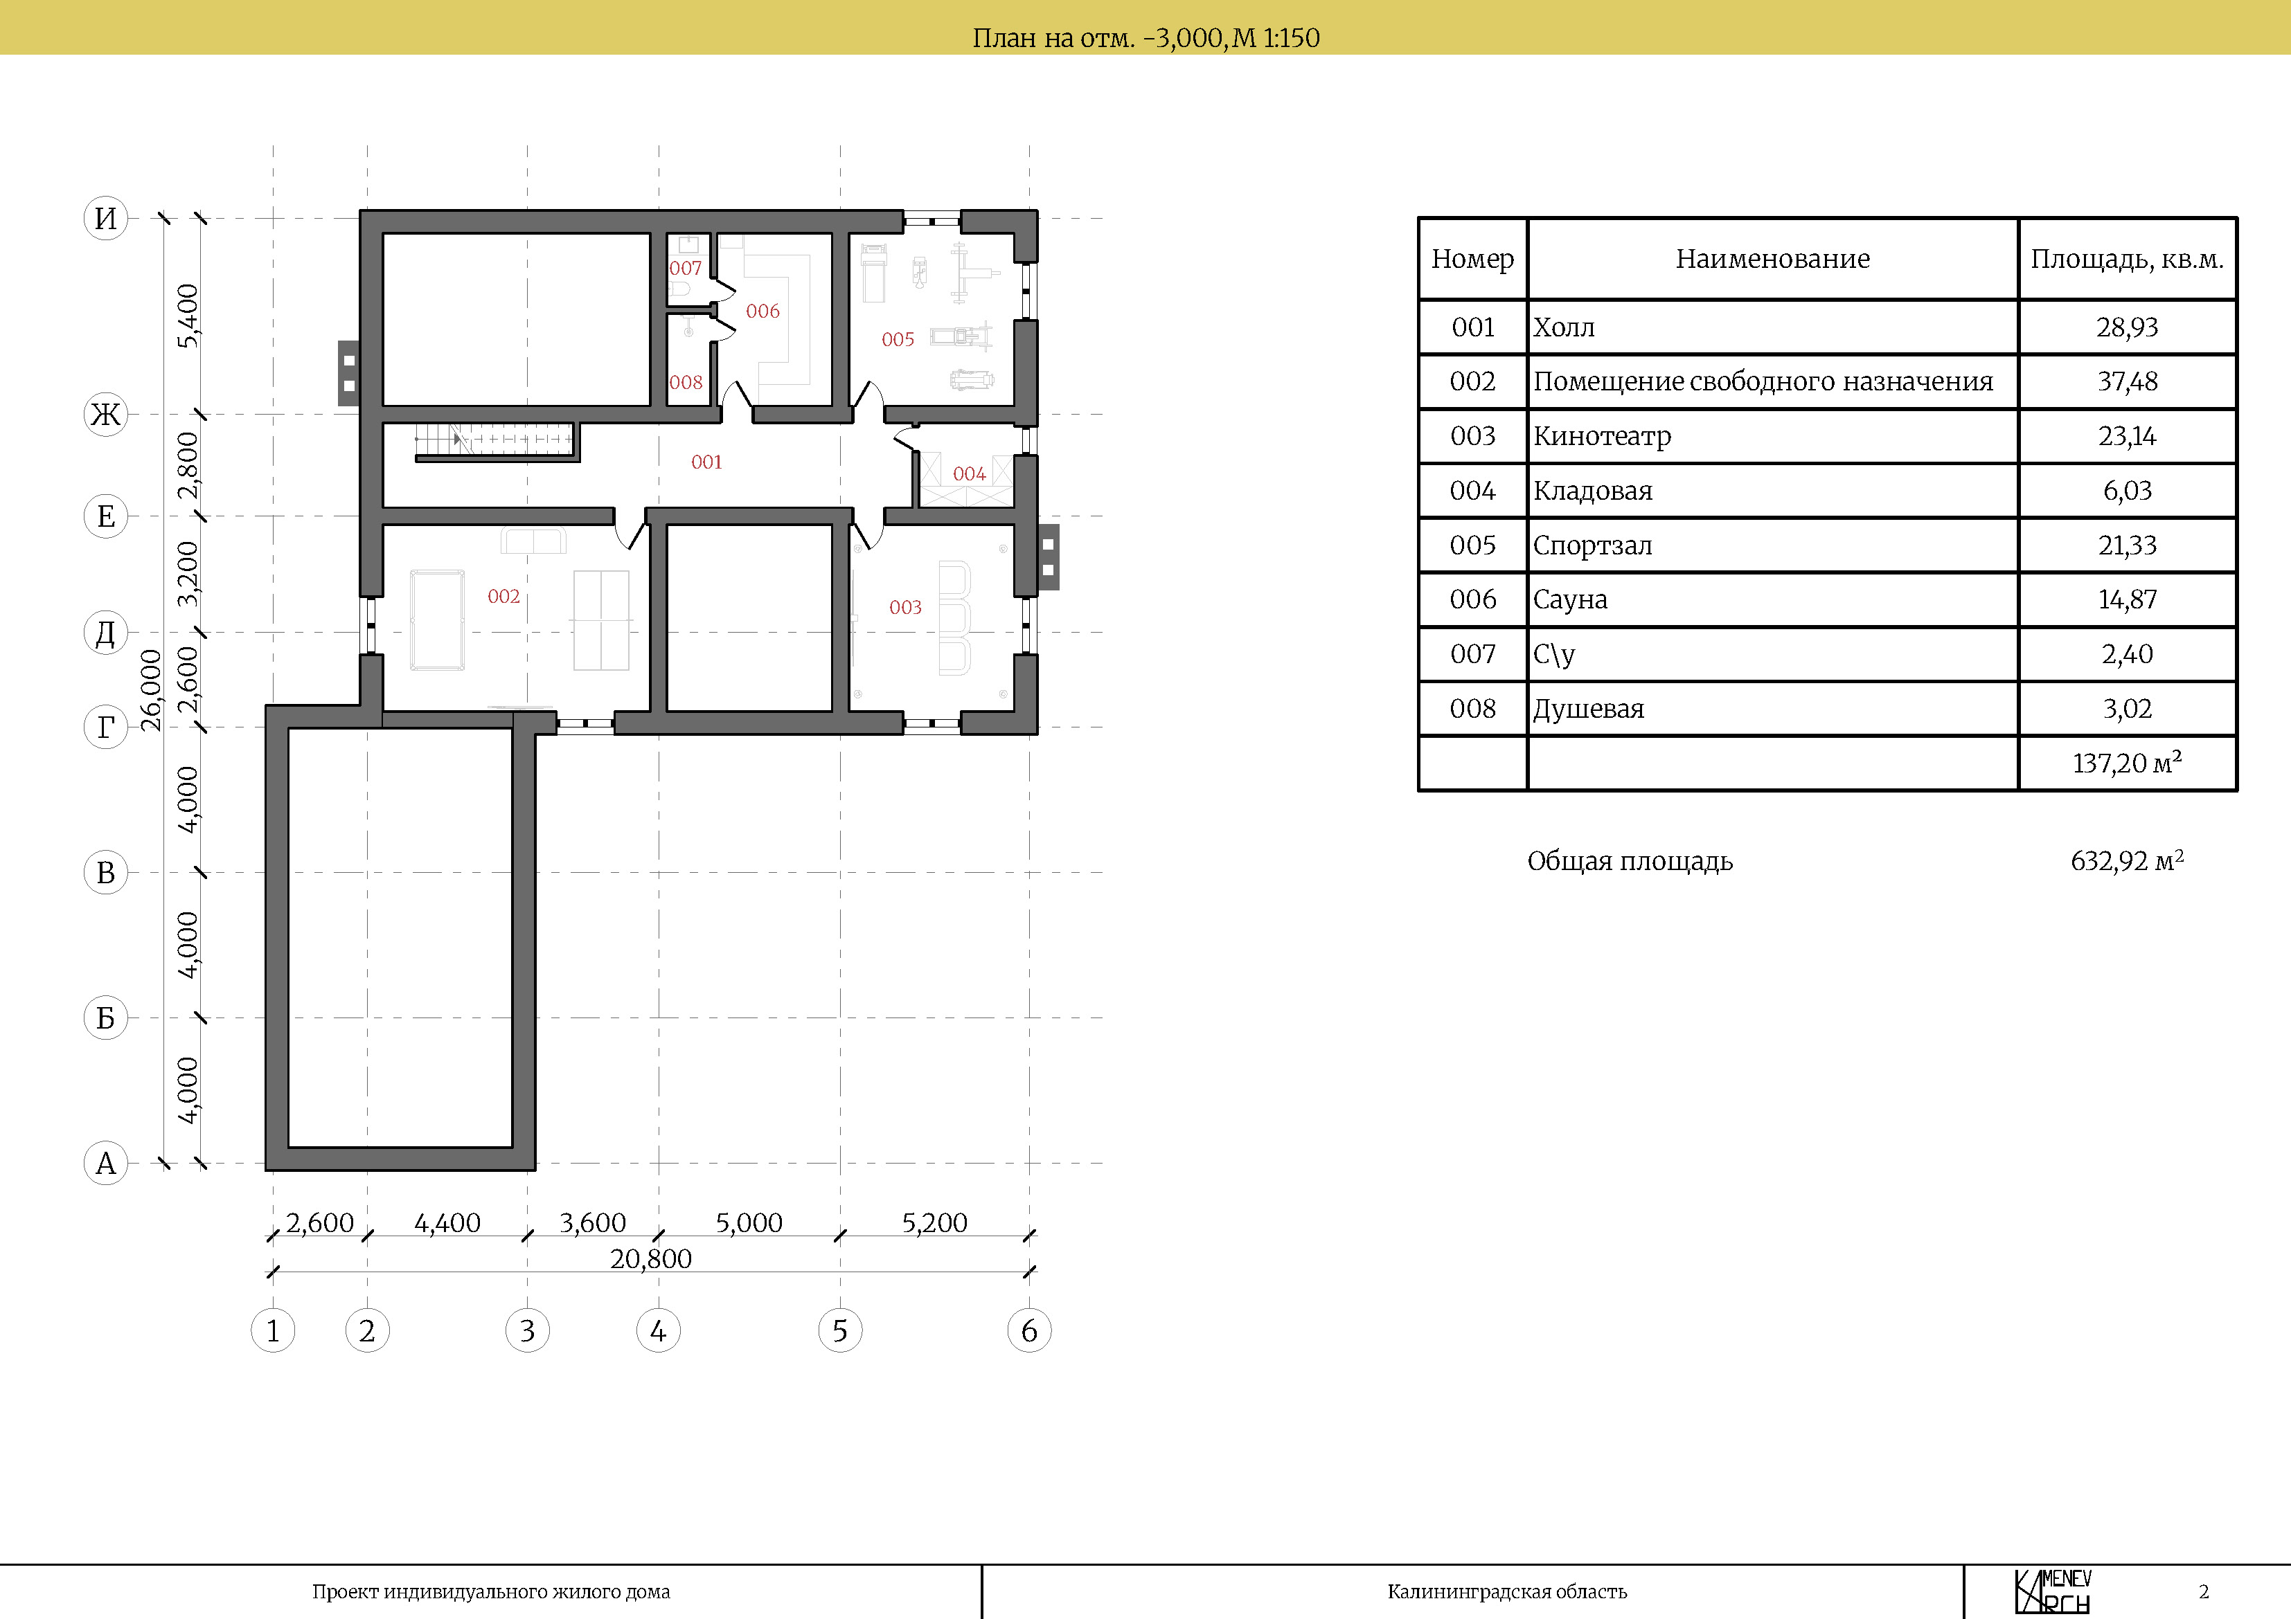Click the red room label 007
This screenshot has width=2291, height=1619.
(686, 269)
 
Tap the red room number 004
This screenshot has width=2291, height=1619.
(969, 474)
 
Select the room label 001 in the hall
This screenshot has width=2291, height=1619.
(706, 462)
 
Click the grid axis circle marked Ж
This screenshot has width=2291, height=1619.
(106, 414)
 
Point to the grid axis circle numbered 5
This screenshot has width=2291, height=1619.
(840, 1331)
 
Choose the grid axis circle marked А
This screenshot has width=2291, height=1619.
(106, 1163)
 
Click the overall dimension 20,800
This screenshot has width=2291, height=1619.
(650, 1259)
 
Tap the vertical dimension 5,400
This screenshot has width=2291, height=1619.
(188, 316)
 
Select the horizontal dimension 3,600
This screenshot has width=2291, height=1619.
(593, 1223)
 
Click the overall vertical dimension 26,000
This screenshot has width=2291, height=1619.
(151, 690)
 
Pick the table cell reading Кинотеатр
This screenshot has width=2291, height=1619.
(1601, 436)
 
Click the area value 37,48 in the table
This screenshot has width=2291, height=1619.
(2128, 381)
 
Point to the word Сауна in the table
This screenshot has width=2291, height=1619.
(1571, 599)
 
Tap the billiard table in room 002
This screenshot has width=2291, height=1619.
(437, 620)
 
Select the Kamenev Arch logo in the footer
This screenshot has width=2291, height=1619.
(2053, 1591)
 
